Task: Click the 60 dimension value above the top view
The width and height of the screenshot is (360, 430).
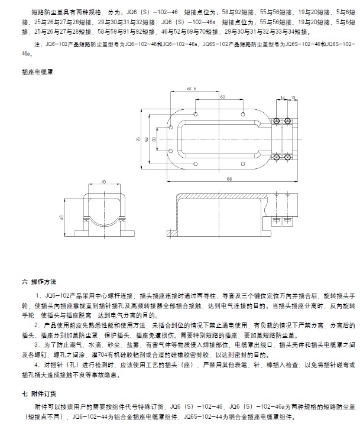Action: [x=222, y=96]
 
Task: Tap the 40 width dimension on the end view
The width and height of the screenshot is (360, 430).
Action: [x=103, y=182]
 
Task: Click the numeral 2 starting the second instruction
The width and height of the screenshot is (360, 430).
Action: [x=36, y=326]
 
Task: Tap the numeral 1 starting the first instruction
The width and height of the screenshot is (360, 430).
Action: [x=36, y=294]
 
